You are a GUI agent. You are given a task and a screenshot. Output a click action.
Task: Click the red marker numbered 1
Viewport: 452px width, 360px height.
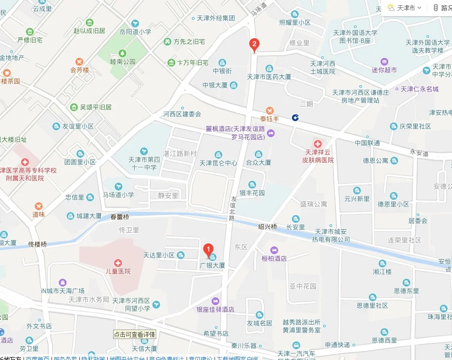[208, 249]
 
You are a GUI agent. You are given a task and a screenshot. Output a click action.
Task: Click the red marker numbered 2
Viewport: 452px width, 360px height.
[254, 45]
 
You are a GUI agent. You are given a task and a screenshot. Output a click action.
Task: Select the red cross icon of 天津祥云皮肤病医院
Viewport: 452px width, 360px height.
[318, 144]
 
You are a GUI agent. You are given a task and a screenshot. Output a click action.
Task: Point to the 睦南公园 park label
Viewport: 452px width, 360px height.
[122, 62]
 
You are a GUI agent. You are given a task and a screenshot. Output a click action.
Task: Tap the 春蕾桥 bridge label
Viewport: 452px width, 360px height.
[119, 217]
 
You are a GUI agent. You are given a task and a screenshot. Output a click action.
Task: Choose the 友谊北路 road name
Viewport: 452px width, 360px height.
[233, 209]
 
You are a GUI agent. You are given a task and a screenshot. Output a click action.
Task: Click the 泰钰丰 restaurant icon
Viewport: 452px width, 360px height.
[269, 110]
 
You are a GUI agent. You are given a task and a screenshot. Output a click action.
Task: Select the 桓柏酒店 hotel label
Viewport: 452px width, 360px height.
[274, 258]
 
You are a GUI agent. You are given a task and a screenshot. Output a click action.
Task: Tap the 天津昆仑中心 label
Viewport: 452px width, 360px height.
[218, 163]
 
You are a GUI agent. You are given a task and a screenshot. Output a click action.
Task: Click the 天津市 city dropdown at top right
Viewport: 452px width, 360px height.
[405, 8]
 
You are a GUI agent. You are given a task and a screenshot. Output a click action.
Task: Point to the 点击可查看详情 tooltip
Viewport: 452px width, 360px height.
[135, 335]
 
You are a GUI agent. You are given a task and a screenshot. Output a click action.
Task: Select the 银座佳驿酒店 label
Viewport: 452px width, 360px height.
[215, 309]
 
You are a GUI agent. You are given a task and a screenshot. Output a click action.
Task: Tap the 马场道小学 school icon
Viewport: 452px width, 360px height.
[118, 186]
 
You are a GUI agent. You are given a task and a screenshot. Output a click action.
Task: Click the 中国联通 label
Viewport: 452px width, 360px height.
[367, 143]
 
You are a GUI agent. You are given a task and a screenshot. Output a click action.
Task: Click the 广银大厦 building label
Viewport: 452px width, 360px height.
[212, 265]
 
